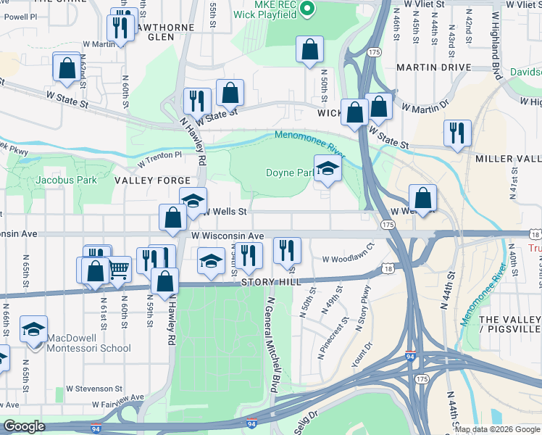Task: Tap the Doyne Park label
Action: [290, 173]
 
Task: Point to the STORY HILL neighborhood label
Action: [270, 282]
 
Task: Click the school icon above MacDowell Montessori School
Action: [33, 330]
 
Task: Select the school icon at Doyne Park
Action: [328, 170]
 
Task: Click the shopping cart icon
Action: [119, 270]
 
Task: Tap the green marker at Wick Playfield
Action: [307, 9]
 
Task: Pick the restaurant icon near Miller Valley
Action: [457, 133]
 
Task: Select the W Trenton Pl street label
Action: [157, 154]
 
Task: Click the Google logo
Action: [24, 426]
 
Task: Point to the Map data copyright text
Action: [496, 429]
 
